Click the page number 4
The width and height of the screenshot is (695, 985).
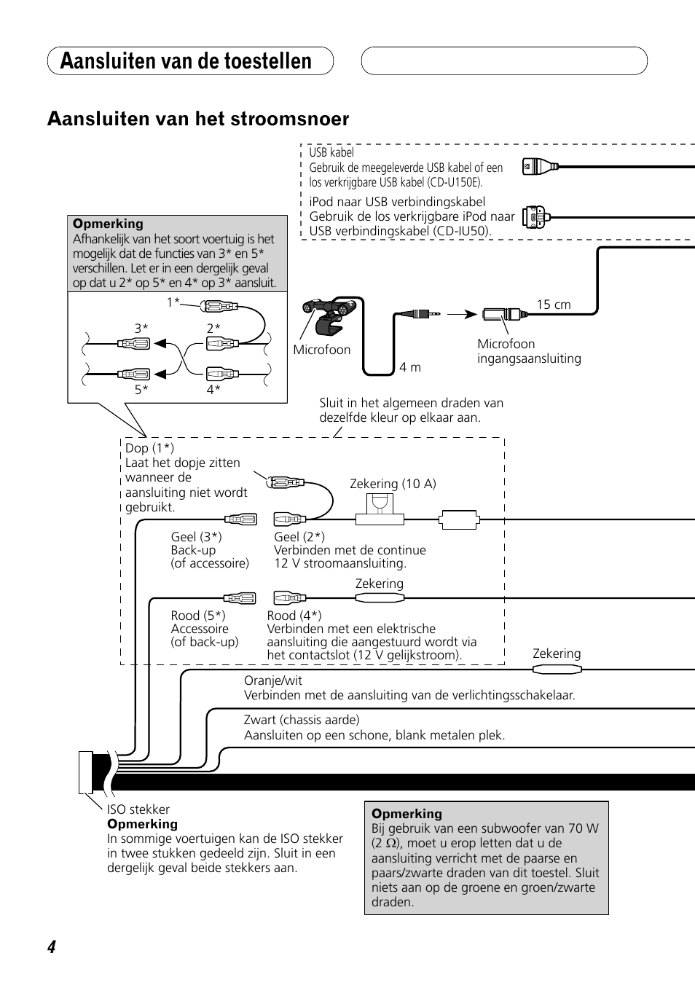52,946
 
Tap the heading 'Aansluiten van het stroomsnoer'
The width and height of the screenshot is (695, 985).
198,119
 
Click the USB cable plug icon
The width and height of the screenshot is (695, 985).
541,167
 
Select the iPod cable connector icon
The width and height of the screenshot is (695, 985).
536,217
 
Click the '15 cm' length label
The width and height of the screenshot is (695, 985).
554,305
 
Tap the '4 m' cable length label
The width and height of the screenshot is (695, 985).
410,367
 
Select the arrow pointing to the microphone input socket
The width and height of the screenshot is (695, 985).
462,314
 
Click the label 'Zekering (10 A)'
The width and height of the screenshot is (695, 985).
393,484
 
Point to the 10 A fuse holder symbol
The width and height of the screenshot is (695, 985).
380,509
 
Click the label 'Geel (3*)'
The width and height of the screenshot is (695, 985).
196,537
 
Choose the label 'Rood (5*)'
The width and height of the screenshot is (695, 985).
198,616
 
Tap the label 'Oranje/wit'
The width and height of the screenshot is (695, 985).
273,680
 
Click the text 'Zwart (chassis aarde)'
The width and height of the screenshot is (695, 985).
302,720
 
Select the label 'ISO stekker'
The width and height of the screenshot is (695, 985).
138,809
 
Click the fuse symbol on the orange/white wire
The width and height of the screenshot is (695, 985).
557,670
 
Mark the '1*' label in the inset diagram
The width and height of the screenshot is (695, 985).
173,302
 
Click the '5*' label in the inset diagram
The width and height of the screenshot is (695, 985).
141,390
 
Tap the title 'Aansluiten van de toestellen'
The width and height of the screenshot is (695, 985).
186,60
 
